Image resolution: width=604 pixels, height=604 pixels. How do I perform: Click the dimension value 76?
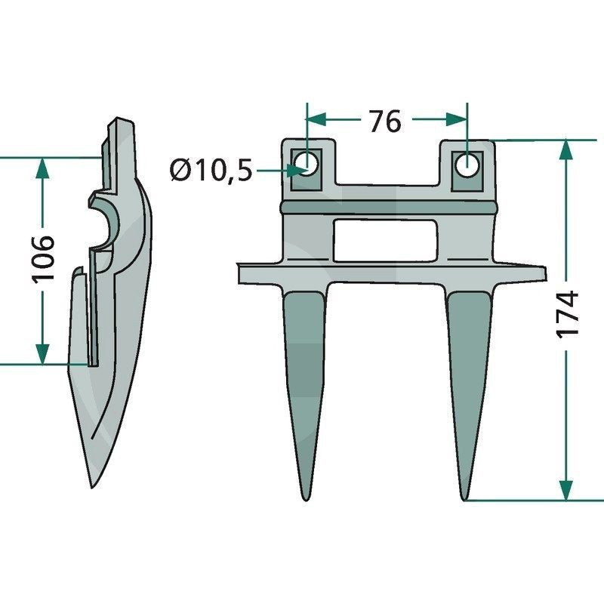click(x=385, y=120)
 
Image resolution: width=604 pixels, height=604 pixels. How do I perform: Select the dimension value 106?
click(x=44, y=257)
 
